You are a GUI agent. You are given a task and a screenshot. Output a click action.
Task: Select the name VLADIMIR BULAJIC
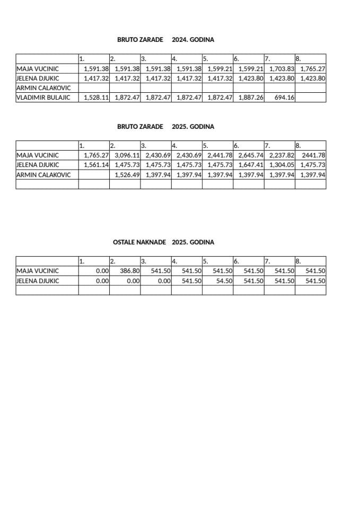coord(43,98)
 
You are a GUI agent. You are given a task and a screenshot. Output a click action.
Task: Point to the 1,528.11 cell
coord(96,98)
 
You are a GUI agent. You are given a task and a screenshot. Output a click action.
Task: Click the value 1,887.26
coord(251,98)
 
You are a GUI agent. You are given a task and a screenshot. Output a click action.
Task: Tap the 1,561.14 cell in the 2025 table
coord(96,165)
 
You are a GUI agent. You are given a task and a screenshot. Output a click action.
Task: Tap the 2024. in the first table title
coord(181,40)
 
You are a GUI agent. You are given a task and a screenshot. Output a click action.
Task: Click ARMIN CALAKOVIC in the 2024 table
coord(43,88)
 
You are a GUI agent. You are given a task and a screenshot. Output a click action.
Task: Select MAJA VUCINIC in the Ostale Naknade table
coord(38,271)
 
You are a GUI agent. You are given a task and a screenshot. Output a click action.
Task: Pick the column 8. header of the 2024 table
coord(298,59)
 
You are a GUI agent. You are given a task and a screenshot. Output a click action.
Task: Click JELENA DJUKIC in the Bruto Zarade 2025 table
coord(38,165)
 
